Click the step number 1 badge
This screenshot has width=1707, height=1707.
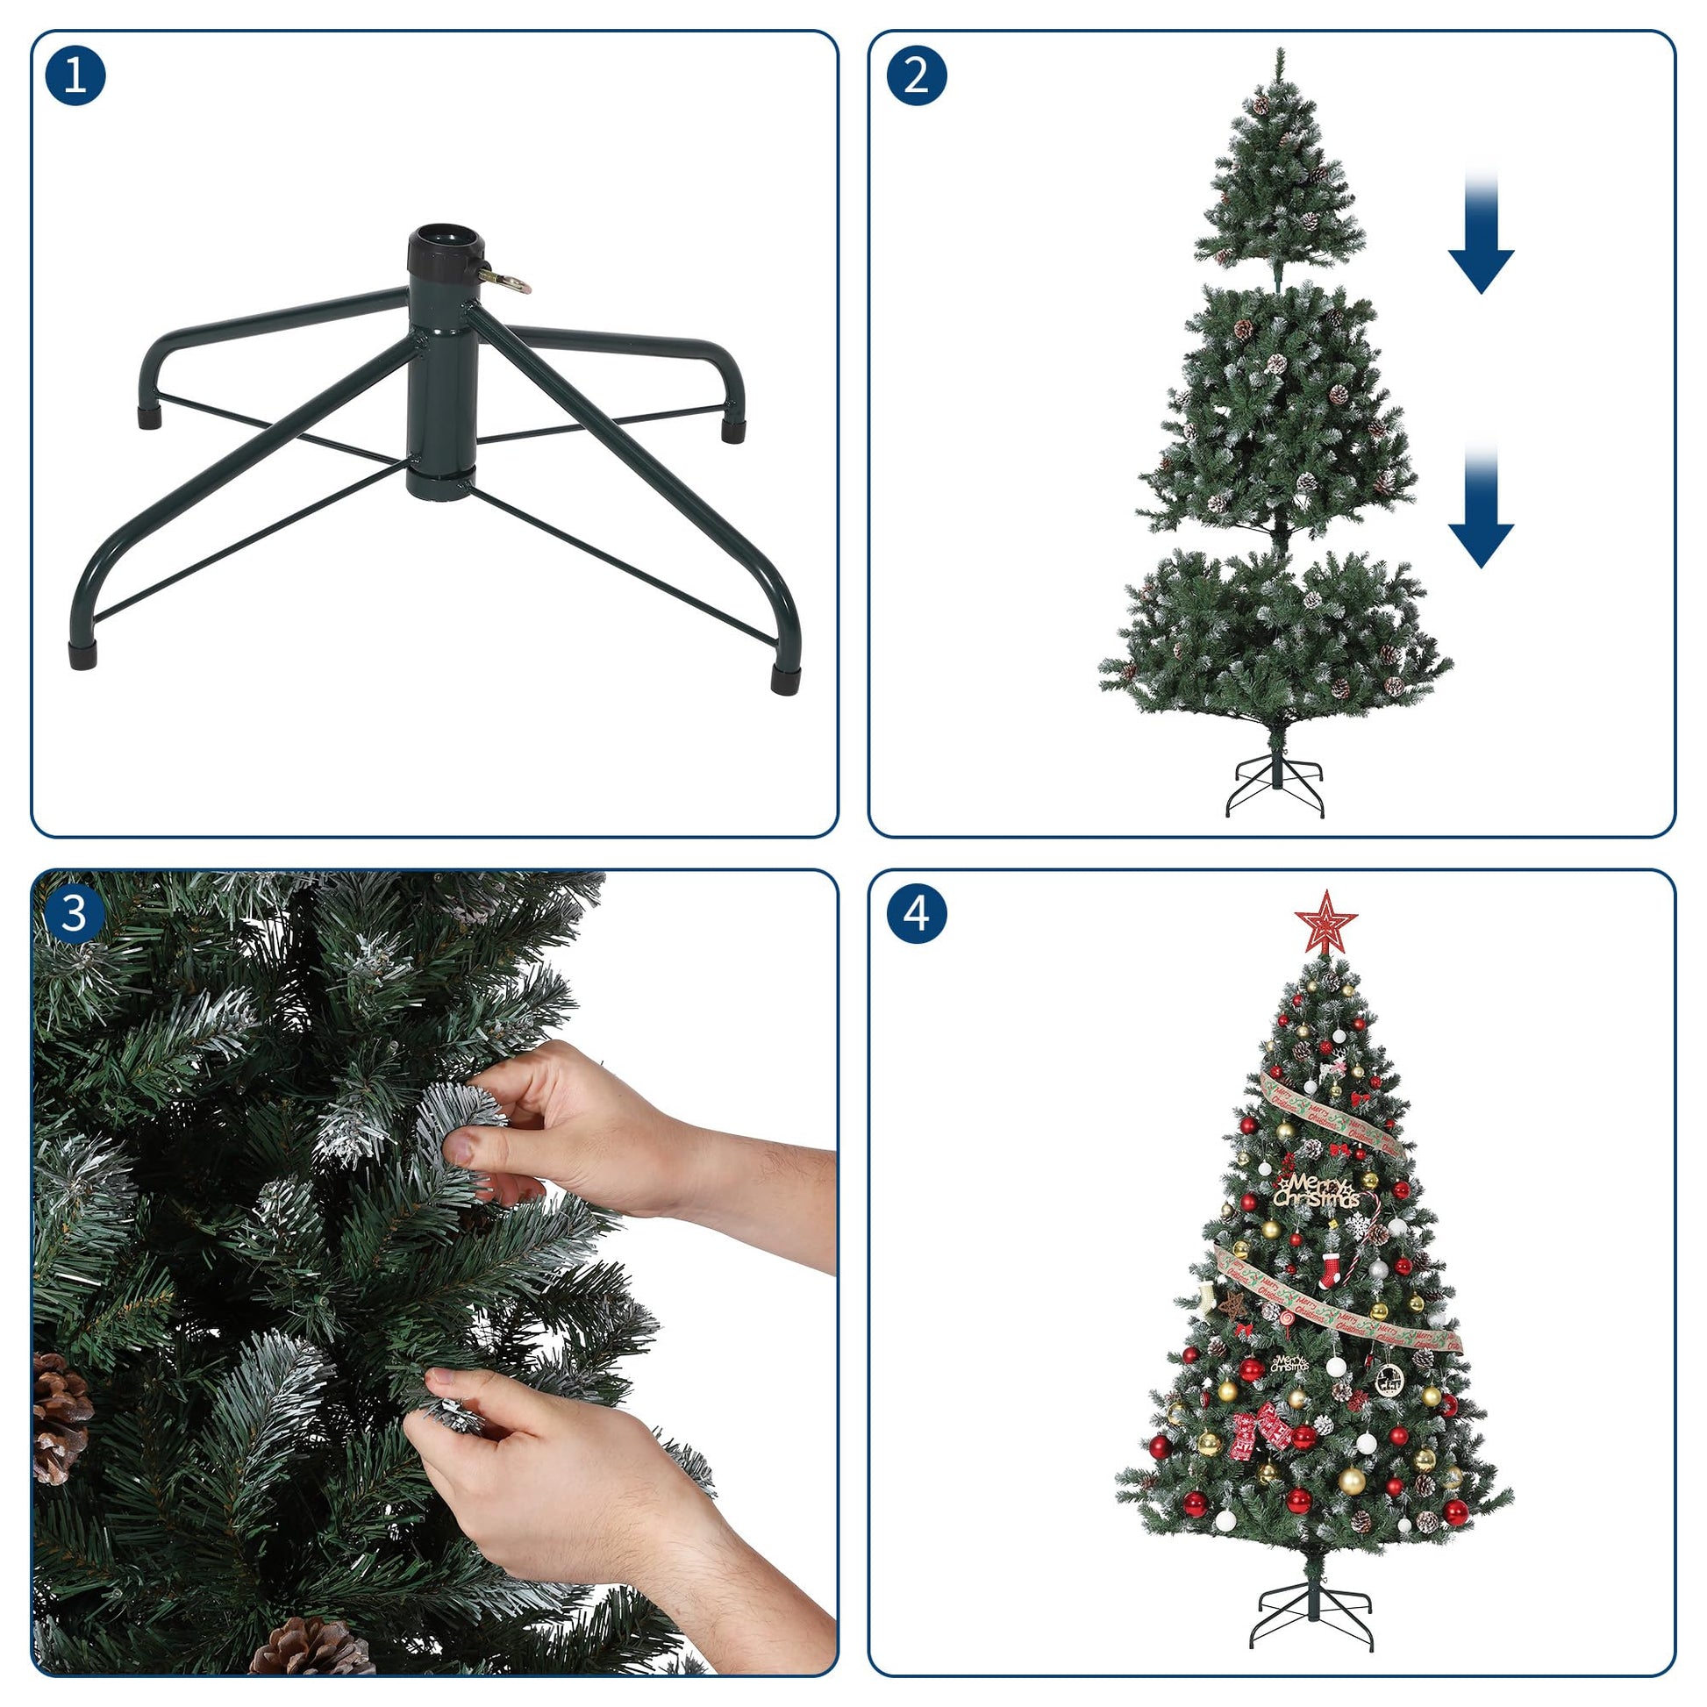coord(75,75)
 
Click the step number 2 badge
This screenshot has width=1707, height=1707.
coord(917,75)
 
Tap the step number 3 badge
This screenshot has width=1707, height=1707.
coord(75,913)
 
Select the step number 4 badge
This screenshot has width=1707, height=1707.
coord(917,913)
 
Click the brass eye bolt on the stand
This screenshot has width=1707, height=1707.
coord(507,281)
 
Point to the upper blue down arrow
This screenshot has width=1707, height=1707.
coord(1481,234)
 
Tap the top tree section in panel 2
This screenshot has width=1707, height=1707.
coord(1278,186)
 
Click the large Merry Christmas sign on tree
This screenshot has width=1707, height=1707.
coord(1317,1191)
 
